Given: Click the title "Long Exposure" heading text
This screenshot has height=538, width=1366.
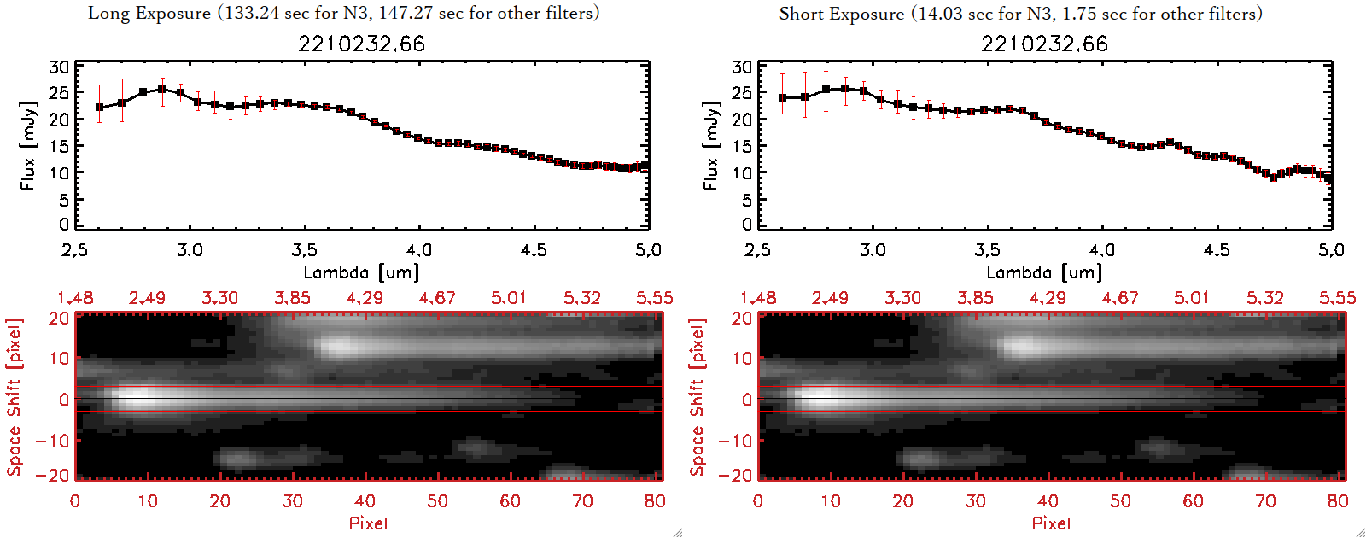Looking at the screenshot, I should [149, 13].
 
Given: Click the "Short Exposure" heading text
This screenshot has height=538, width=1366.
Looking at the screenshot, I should [841, 14].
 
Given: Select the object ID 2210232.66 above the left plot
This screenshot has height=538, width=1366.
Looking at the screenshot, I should [361, 44].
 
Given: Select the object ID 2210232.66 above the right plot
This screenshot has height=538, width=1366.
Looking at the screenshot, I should [1044, 44].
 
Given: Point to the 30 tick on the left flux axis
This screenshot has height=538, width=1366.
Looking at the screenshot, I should [59, 67].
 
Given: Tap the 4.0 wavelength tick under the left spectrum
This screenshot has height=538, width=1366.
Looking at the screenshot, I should [418, 250].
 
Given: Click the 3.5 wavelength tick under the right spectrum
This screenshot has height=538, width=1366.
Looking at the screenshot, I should [987, 250].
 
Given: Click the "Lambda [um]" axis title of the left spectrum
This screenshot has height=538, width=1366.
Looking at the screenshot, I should [361, 272].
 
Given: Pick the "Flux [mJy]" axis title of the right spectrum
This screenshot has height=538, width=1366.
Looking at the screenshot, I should [710, 145].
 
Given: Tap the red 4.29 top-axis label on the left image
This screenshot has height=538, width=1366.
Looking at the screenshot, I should [365, 298].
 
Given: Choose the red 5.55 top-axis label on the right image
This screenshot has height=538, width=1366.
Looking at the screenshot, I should [1337, 298].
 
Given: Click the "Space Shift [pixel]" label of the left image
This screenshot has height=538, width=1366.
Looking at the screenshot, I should [15, 397].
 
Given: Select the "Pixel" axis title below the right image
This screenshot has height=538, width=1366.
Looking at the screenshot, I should [1051, 523].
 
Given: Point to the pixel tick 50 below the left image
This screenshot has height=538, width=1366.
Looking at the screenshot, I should [437, 501].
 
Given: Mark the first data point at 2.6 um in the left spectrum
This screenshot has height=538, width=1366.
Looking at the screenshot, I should [100, 108].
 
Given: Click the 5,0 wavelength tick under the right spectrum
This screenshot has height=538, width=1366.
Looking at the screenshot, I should [1331, 250].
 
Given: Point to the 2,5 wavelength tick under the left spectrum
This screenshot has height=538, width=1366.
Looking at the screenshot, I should [75, 250].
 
